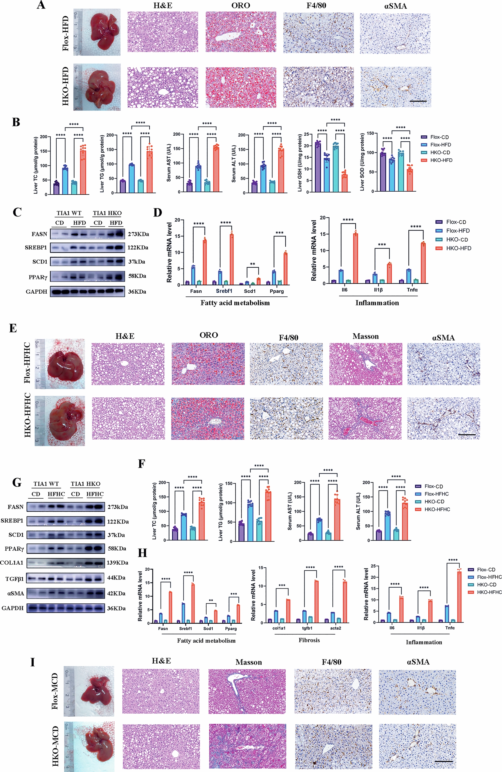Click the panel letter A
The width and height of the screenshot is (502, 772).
[x=41, y=5]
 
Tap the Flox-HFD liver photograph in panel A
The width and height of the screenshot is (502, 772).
[x=97, y=32]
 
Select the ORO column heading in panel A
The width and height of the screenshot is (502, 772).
[x=241, y=5]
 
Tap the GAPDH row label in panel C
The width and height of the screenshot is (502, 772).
[x=36, y=292]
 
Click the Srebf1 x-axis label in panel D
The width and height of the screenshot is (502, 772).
[x=224, y=291]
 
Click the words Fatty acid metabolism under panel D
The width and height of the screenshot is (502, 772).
[x=235, y=303]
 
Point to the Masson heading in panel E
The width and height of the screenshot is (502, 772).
[x=365, y=336]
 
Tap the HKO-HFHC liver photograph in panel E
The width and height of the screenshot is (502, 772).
[x=60, y=421]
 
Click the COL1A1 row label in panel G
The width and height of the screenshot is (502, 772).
[x=12, y=563]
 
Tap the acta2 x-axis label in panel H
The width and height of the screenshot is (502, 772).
[x=336, y=628]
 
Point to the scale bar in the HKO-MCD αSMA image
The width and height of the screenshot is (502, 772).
[x=443, y=761]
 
